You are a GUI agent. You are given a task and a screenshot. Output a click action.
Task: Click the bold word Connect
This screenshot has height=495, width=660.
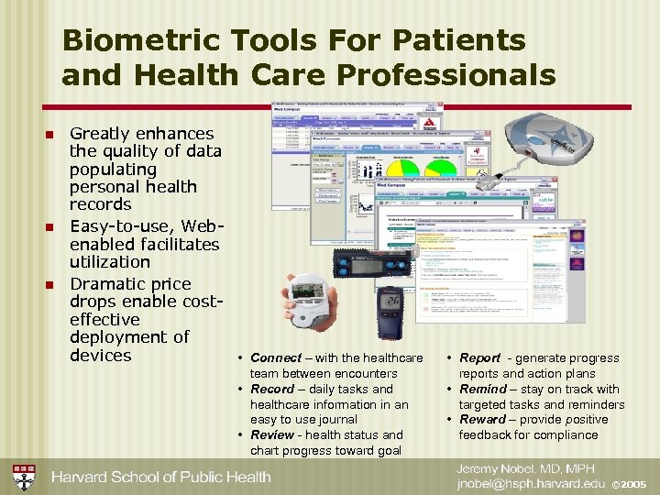click(275, 358)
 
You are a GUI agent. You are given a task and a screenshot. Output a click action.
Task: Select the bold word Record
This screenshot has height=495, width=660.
click(272, 390)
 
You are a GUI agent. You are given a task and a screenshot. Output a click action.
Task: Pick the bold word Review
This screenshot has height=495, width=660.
click(272, 435)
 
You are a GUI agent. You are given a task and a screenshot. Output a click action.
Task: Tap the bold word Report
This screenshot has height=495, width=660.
click(479, 358)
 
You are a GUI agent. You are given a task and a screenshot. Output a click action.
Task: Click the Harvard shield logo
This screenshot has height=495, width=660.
click(24, 477)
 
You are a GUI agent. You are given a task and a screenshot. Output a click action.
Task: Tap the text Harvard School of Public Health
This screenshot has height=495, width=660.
click(161, 477)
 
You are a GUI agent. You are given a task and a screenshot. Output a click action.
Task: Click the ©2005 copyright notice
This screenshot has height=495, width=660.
click(630, 484)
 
